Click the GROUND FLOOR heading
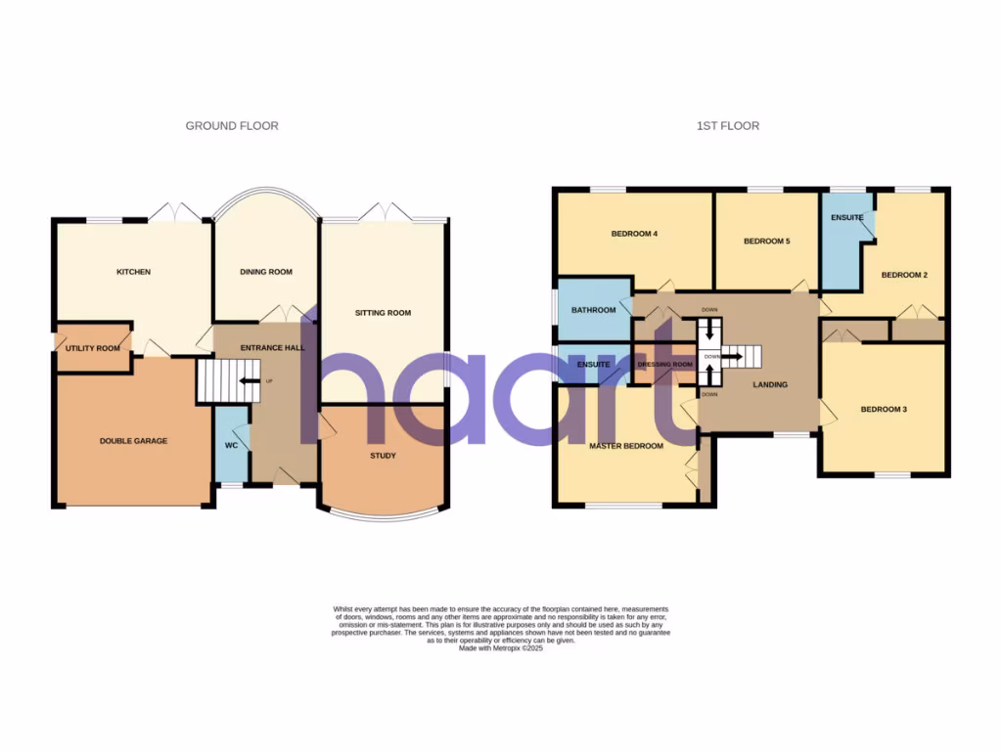pyautogui.click(x=232, y=126)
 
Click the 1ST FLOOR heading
pyautogui.click(x=728, y=126)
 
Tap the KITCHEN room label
pyautogui.click(x=133, y=272)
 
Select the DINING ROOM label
pyautogui.click(x=266, y=272)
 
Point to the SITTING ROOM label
pyautogui.click(x=383, y=313)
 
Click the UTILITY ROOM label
pyautogui.click(x=93, y=348)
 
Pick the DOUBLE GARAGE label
pyautogui.click(x=133, y=441)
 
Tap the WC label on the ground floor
pyautogui.click(x=232, y=446)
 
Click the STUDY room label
pyautogui.click(x=383, y=456)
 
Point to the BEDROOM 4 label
pyautogui.click(x=634, y=234)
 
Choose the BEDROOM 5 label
pyautogui.click(x=766, y=241)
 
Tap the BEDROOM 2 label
pyautogui.click(x=904, y=275)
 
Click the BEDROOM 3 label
pyautogui.click(x=884, y=410)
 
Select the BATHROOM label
pyautogui.click(x=593, y=310)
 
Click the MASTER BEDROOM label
pyautogui.click(x=625, y=446)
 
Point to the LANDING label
pyautogui.click(x=770, y=385)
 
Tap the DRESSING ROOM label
pyautogui.click(x=664, y=365)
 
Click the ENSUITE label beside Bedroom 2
pyautogui.click(x=847, y=217)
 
